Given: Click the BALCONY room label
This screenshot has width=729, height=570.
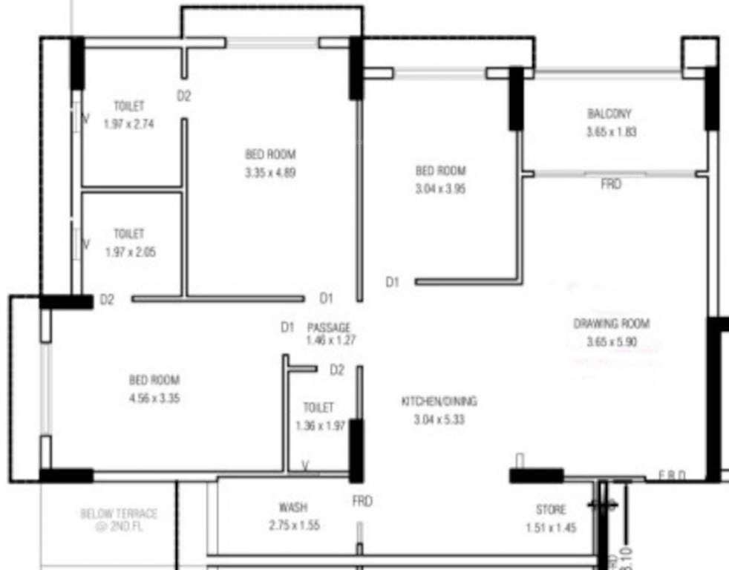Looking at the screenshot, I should (x=609, y=114).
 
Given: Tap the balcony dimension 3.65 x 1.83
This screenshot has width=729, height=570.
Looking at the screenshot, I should (x=610, y=132).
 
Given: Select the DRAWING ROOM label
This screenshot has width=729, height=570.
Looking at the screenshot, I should (x=611, y=324).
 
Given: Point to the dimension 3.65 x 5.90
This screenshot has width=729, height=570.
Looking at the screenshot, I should (x=611, y=342).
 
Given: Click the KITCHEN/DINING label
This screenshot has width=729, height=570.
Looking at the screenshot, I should (x=439, y=402).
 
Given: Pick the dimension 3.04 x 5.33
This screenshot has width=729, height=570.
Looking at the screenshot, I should (x=439, y=419).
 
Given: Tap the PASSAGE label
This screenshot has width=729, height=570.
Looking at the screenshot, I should (x=329, y=327).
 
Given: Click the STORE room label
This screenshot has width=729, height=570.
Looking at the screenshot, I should (x=551, y=510).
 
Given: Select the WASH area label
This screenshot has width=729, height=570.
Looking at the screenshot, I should (x=292, y=508).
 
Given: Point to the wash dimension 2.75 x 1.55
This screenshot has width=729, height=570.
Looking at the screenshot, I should (x=295, y=525).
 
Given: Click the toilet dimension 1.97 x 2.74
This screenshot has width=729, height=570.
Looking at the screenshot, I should (x=128, y=124).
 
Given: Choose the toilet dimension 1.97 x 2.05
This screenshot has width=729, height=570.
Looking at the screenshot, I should (x=130, y=252).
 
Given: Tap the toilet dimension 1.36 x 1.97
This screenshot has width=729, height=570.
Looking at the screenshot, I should (x=320, y=426).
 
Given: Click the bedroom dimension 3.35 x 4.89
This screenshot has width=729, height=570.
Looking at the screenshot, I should (x=270, y=173).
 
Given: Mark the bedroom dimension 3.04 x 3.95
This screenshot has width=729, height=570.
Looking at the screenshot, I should (x=440, y=189).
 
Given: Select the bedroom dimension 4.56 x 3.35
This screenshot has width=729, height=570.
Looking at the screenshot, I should (x=154, y=398).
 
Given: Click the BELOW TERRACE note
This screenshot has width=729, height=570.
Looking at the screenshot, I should (x=119, y=518).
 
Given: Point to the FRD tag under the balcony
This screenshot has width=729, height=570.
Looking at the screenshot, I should (x=611, y=184).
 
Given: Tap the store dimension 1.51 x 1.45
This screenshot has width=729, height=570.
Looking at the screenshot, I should (x=551, y=528).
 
